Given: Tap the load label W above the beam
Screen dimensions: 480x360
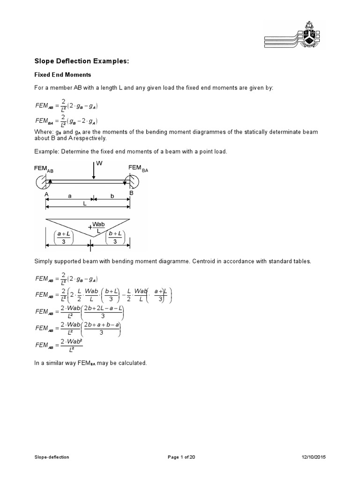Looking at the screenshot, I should (x=98, y=163).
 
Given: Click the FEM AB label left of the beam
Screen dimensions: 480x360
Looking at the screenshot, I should (x=44, y=169).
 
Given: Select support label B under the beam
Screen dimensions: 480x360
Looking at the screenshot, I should (x=131, y=193).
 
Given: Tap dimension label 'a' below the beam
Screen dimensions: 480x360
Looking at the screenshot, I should (x=70, y=197).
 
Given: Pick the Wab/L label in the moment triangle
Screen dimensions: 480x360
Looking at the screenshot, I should (x=97, y=227).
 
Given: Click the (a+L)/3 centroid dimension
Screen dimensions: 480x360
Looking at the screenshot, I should (x=63, y=237).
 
